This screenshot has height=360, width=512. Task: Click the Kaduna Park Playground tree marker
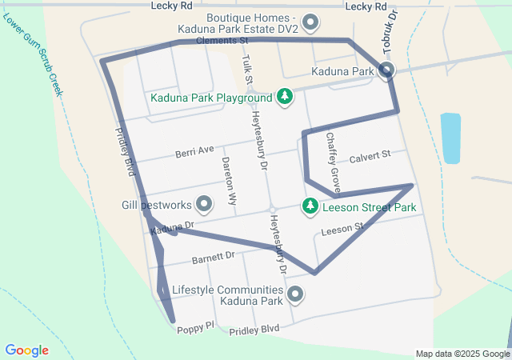(284, 97)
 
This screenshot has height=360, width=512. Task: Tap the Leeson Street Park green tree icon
(310, 206)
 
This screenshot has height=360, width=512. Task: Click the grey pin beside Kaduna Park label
(387, 71)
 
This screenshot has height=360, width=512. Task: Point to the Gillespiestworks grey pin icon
(204, 204)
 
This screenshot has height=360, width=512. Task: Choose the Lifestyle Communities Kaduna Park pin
(295, 295)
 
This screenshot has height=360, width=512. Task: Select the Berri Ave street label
(195, 150)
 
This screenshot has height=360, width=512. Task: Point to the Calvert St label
(369, 155)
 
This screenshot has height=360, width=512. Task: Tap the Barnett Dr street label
(213, 258)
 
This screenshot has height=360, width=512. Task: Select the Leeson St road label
(342, 230)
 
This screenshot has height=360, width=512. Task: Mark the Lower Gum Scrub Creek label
(32, 54)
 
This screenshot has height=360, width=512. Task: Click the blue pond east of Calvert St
(450, 138)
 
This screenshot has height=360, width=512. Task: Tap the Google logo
(26, 350)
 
